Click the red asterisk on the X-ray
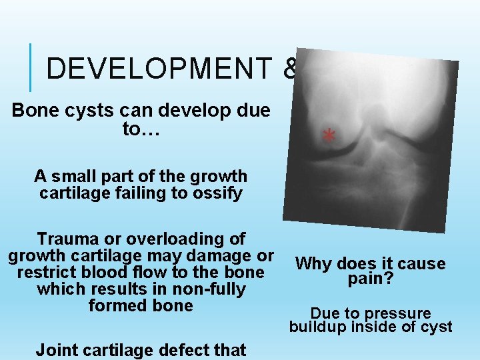[x=328, y=136]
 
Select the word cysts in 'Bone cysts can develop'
[x=85, y=111]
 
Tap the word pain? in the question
[x=370, y=279]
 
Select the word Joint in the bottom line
[x=57, y=349]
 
